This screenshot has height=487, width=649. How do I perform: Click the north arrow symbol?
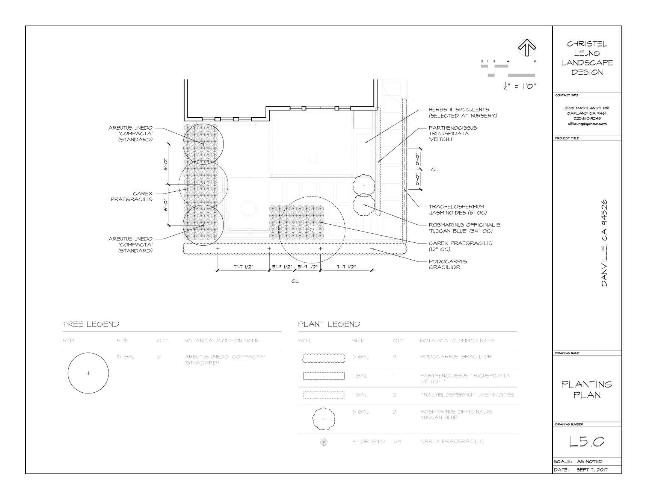[x=527, y=48]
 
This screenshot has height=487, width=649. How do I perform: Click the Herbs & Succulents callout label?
[x=463, y=112]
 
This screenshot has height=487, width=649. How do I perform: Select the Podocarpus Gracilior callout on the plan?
[x=448, y=264]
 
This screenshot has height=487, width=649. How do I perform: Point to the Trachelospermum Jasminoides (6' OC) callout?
[x=457, y=209]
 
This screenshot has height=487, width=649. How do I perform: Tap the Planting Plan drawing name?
[x=587, y=389]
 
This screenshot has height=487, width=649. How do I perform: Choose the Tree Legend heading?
[x=91, y=324]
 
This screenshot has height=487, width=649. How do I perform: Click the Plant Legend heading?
[x=329, y=324]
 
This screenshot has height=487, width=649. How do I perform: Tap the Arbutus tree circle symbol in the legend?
[x=88, y=373]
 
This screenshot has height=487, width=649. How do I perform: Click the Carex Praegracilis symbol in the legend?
[x=323, y=442]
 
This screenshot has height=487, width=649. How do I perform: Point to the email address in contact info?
[x=587, y=124]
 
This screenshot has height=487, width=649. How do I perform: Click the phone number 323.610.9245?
[x=587, y=118]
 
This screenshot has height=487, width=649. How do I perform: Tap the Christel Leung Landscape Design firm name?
[x=587, y=58]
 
